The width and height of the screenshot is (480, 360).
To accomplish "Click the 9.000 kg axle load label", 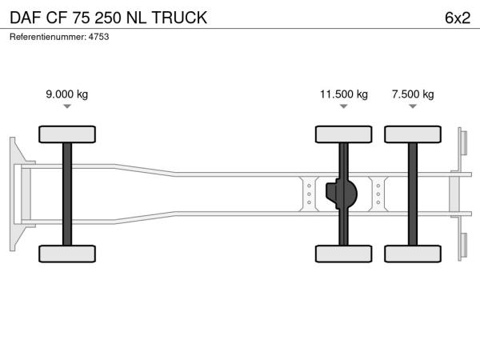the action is [66, 94].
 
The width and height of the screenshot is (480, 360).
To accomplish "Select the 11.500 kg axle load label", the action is [344, 94].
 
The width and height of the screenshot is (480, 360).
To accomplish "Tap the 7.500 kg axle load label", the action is [413, 94].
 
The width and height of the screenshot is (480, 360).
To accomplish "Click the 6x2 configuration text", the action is [458, 18].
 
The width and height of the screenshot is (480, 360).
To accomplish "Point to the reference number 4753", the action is [98, 37].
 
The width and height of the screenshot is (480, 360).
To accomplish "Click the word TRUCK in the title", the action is [179, 18].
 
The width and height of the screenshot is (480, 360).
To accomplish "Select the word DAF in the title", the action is [26, 18].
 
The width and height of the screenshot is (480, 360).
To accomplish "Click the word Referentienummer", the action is [48, 37].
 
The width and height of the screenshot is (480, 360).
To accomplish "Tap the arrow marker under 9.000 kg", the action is [67, 106].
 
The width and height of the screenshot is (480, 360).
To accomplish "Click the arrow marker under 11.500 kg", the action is [344, 106].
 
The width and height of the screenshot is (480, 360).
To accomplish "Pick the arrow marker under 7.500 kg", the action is [413, 106].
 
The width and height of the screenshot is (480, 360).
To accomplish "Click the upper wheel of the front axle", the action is [67, 134].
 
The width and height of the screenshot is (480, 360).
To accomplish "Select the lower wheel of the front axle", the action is [67, 254].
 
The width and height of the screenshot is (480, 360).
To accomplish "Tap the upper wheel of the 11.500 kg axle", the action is [344, 134].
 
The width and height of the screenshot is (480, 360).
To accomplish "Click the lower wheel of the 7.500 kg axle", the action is [413, 254].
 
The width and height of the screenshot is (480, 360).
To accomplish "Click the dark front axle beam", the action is [67, 194].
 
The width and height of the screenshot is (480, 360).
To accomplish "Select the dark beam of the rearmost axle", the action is [413, 194].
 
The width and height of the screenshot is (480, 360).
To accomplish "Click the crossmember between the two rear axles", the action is [378, 194].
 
